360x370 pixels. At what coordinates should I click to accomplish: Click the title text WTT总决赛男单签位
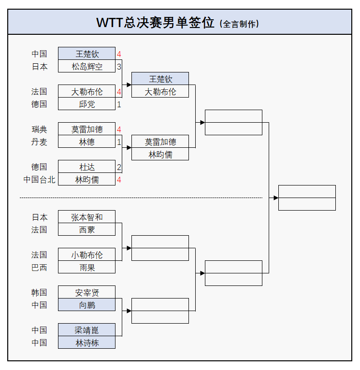[155, 23]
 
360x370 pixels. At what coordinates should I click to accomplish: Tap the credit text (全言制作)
[239, 24]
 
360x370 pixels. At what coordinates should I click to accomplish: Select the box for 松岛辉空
[87, 66]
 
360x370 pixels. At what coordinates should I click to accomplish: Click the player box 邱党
[87, 104]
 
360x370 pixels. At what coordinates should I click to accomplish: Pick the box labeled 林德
[87, 142]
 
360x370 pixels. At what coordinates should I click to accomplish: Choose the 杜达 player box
[87, 167]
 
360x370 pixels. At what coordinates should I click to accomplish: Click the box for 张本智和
[87, 217]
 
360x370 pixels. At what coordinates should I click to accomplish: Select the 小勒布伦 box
[87, 255]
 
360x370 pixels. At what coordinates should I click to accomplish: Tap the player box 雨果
[87, 267]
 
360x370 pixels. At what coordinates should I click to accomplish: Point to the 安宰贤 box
[87, 292]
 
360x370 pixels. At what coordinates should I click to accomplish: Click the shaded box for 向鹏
[87, 305]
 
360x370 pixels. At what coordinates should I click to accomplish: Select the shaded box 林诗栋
[87, 342]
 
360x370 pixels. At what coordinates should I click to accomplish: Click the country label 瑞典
[40, 129]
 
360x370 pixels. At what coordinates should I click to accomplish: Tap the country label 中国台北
[40, 180]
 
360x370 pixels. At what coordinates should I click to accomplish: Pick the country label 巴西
[40, 267]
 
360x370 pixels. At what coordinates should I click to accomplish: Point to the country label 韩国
[40, 292]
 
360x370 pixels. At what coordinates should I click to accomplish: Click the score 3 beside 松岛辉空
[119, 66]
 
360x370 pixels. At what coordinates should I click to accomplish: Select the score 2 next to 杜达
[119, 167]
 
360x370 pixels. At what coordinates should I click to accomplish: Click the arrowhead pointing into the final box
[276, 198]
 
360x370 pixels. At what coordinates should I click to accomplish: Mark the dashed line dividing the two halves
[140, 198]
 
